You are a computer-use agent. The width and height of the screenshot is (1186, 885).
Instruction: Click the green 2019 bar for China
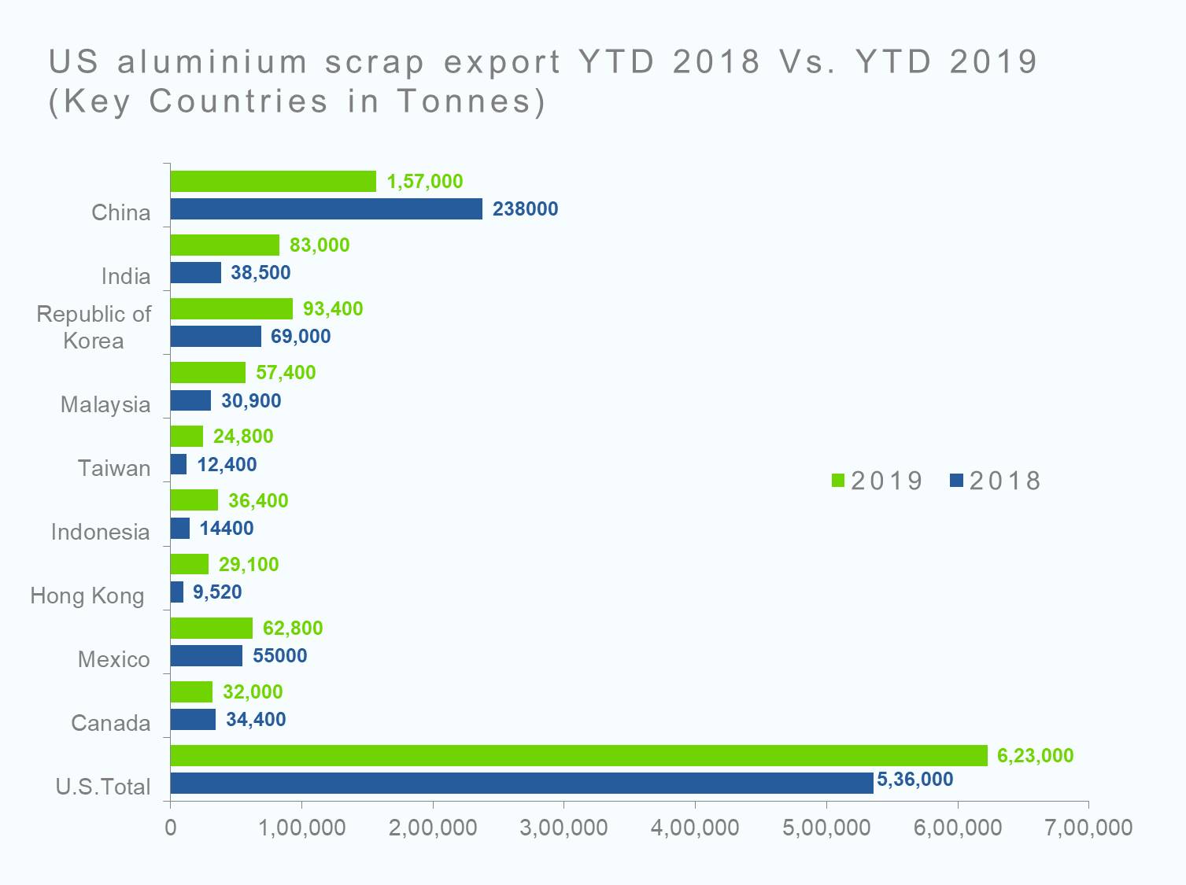(273, 182)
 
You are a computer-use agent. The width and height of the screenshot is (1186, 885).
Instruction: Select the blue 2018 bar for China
(326, 209)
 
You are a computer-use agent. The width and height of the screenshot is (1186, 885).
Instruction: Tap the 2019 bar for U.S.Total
(578, 755)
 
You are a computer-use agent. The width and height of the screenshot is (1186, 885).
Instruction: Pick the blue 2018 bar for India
(195, 273)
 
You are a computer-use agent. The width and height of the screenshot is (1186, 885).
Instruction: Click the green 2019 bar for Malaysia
(208, 373)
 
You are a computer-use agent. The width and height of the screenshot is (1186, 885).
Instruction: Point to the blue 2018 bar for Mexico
(206, 656)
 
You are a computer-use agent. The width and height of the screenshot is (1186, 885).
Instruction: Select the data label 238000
(525, 209)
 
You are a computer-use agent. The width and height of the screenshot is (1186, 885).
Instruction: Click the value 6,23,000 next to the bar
(1035, 756)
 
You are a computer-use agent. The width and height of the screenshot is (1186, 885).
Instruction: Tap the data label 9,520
(217, 592)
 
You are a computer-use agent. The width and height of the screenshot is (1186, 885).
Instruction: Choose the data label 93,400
(333, 309)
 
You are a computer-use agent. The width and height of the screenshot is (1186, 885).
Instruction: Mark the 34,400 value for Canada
(256, 720)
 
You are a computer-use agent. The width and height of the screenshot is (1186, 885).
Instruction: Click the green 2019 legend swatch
(838, 481)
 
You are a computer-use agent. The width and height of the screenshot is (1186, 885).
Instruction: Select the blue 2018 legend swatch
(956, 481)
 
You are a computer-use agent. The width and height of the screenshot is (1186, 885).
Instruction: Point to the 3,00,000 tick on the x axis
(563, 828)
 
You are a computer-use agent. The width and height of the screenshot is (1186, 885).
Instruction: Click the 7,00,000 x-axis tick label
(1088, 828)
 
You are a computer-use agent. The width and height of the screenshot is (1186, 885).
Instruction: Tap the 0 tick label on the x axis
(171, 828)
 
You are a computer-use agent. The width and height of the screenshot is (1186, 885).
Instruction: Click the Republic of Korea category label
(94, 327)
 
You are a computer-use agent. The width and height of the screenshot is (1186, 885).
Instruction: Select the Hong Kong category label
(87, 596)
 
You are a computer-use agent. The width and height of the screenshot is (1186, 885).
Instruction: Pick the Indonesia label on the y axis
(100, 533)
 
